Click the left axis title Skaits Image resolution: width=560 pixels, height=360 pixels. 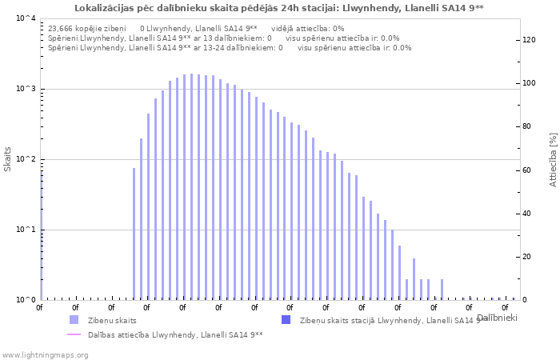tap(8, 159)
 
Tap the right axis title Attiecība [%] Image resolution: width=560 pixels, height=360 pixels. tap(552, 159)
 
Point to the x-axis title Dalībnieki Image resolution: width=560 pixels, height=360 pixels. tap(496, 318)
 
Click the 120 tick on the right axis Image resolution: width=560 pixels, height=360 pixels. tap(529, 40)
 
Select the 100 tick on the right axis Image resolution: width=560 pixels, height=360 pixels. tap(529, 83)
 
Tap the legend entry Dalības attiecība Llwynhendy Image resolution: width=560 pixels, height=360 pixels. tap(175, 334)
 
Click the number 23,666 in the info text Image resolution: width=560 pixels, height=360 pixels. tap(62, 28)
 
